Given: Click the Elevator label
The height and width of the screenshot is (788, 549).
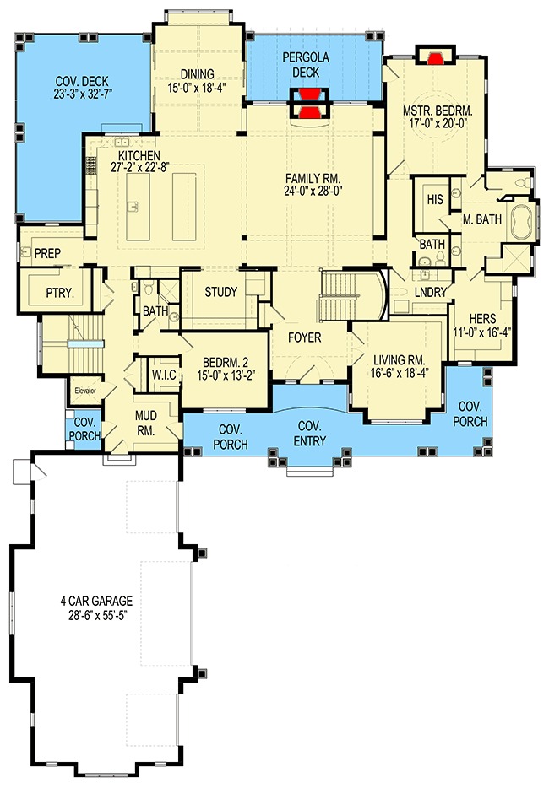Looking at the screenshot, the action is tap(85, 391).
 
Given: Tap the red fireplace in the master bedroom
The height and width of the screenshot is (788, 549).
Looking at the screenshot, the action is tap(436, 58).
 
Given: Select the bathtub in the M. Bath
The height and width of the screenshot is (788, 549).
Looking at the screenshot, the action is tap(525, 222).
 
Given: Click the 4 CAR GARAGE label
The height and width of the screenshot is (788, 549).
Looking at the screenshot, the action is tap(96, 600).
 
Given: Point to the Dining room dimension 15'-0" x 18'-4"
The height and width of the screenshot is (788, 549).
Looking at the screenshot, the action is tap(197, 87).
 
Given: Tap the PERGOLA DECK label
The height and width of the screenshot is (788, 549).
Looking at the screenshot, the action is tap(306, 65).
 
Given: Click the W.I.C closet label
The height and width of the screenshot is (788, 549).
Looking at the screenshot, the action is tap(164, 375).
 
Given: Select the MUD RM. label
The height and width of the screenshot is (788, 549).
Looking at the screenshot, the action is tap(146, 424).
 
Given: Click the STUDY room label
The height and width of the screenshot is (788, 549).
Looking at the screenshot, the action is tap(221, 292).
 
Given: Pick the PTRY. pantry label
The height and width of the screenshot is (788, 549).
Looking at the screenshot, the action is tap(60, 293).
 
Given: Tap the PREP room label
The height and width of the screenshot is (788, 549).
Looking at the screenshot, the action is tap(48, 254).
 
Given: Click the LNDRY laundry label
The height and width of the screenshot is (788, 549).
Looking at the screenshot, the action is tap(430, 292).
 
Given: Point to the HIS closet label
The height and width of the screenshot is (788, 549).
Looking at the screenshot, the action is tap(435, 199).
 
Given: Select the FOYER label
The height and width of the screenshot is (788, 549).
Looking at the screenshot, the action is tap(304, 337).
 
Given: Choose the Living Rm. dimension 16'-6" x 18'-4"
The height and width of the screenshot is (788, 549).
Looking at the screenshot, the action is tap(400, 372).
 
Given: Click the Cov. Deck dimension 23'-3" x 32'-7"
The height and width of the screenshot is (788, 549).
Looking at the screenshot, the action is tap(82, 93).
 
